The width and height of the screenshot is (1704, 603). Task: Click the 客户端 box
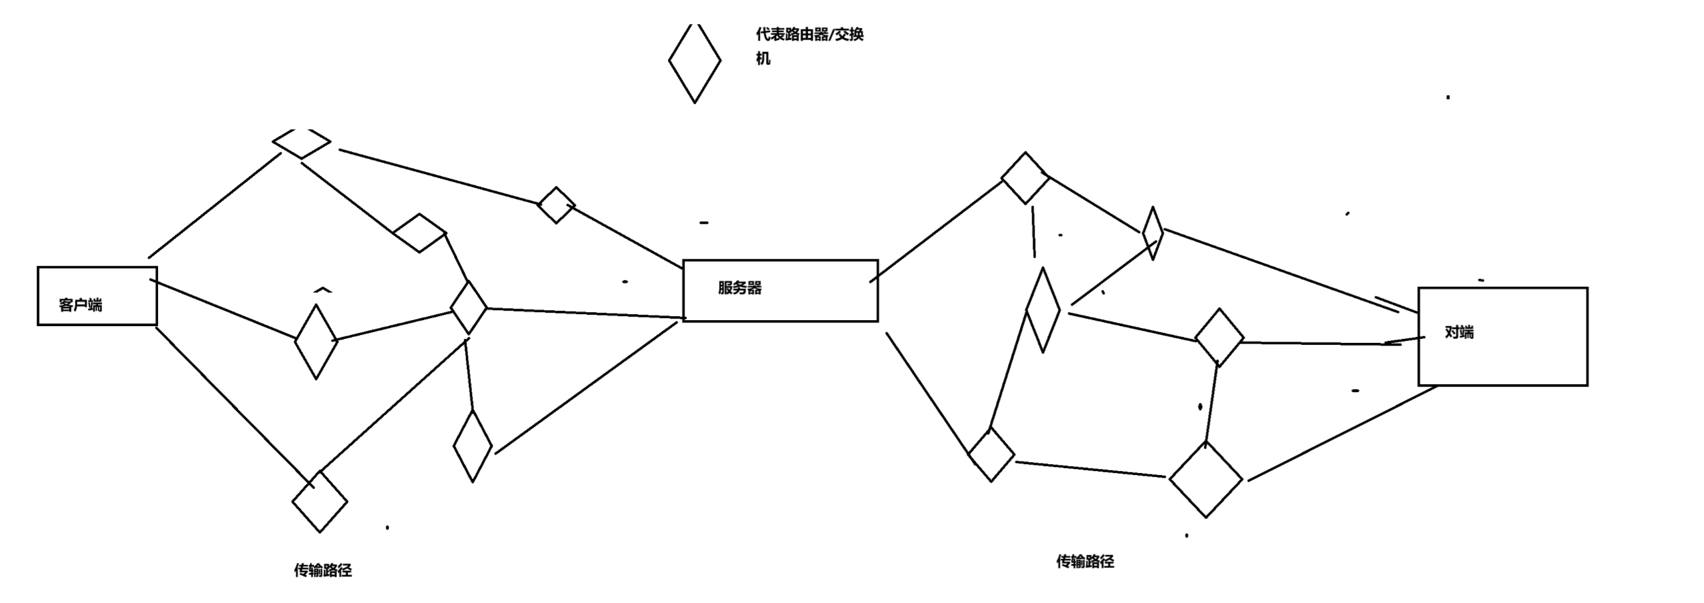click(x=97, y=295)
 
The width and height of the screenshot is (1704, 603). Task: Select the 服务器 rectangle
click(x=780, y=291)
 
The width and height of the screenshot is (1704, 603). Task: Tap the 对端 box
click(x=1502, y=336)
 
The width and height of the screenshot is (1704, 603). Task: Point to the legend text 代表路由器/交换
click(x=809, y=35)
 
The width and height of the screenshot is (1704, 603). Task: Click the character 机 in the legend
click(x=763, y=59)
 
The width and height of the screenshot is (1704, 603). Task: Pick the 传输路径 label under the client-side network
click(x=323, y=570)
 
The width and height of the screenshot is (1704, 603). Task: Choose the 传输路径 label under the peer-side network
click(x=1085, y=562)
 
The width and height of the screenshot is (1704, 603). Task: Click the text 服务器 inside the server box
click(x=739, y=288)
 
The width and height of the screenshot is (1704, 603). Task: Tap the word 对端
click(x=1459, y=332)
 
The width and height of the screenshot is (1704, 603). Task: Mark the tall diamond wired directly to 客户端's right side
click(x=316, y=341)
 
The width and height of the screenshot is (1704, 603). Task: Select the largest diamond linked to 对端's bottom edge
click(x=1205, y=479)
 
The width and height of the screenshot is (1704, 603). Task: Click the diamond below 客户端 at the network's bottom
click(x=319, y=502)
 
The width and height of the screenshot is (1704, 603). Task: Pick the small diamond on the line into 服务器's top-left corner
click(x=556, y=205)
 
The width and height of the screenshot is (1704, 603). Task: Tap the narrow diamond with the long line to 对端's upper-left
click(x=1152, y=233)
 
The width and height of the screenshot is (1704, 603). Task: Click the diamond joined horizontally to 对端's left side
click(x=1219, y=338)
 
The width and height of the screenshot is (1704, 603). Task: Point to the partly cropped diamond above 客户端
click(x=301, y=142)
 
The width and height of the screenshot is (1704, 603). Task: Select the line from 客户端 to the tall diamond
click(x=223, y=310)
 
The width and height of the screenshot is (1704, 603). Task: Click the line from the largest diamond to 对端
click(x=1340, y=434)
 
